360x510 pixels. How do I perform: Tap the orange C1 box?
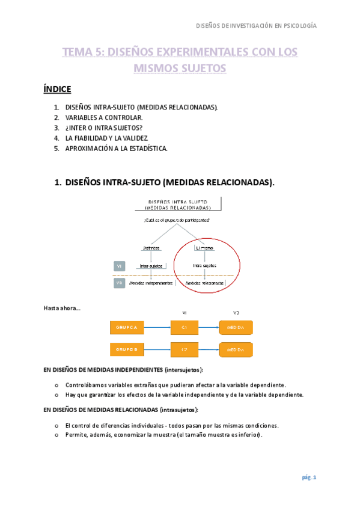pos(185,327)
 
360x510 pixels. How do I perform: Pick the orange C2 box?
pos(185,349)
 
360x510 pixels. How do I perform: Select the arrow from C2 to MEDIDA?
pos(209,349)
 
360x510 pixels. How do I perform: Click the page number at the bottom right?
pos(308,478)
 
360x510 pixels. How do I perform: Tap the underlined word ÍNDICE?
pos(58,90)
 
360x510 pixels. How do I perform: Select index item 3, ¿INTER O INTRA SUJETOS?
pos(105,127)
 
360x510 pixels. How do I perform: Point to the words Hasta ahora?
pos(61,309)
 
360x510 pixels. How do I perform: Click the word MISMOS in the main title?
pos(158,69)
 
